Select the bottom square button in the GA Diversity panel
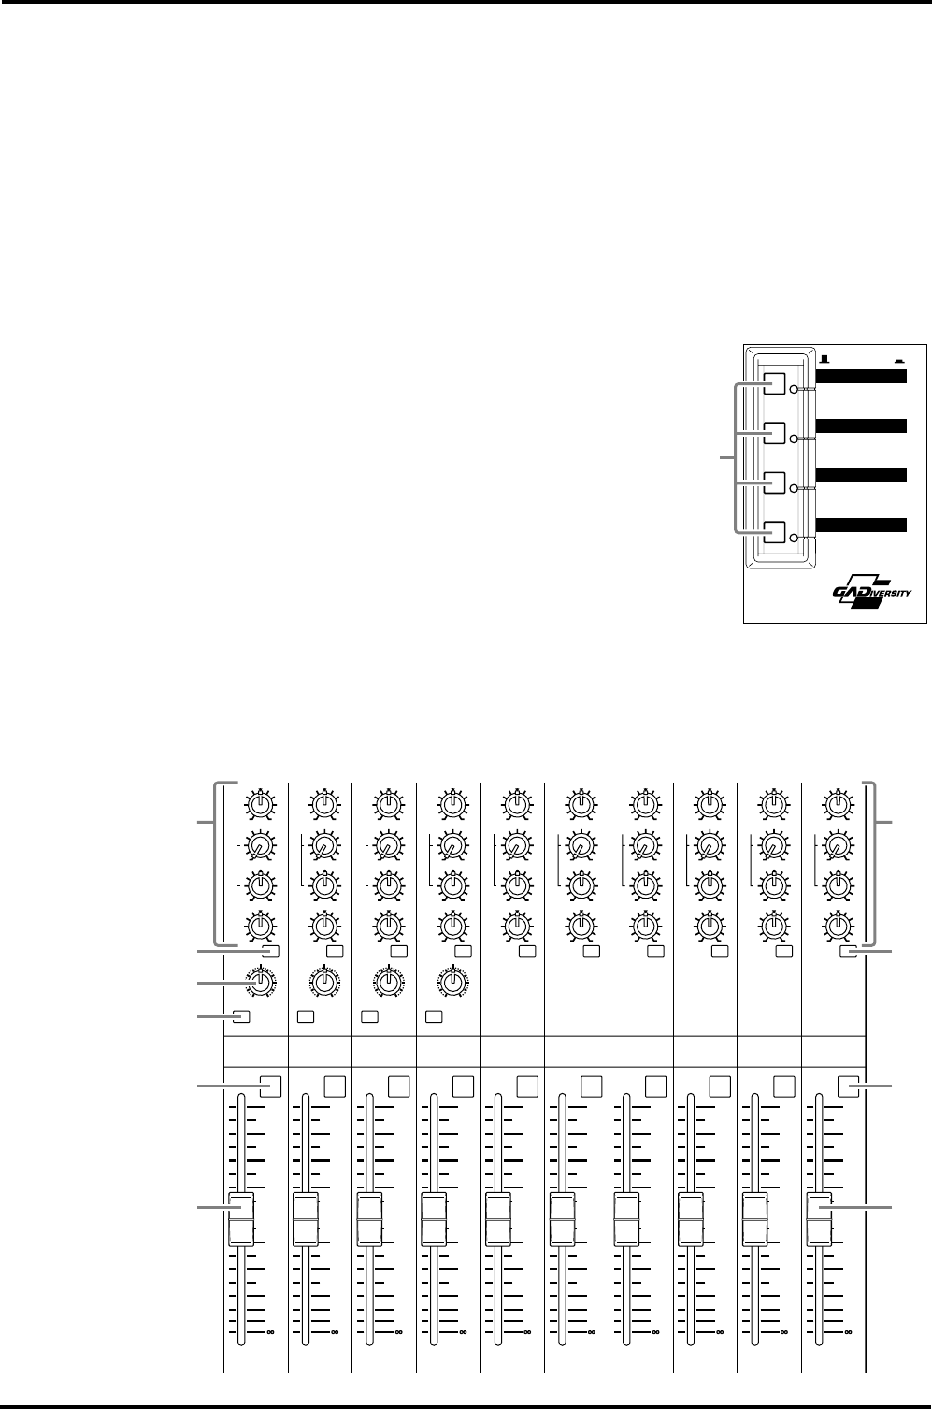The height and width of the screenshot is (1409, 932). coord(778,532)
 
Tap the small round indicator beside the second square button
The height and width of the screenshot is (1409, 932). coord(794,439)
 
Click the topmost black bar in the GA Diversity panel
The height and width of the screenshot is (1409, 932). coord(862,376)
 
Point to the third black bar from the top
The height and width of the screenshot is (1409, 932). coord(862,474)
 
